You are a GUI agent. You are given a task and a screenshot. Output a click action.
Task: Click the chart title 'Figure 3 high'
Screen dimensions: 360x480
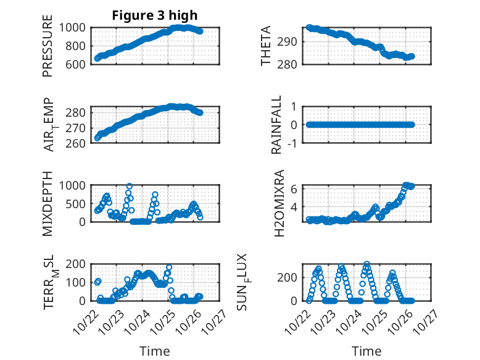[x=154, y=15]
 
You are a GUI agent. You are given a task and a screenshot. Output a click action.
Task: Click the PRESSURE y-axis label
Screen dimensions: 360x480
[x=48, y=50]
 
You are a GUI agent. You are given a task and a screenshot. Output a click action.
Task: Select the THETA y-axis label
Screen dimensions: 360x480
[x=267, y=46]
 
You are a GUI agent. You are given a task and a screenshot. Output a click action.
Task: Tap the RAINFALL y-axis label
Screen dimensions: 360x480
[x=277, y=125]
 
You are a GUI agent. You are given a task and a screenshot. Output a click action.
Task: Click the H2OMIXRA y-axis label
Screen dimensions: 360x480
[x=279, y=203]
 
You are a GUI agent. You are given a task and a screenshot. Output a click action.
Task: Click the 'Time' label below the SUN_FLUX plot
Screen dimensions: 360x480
[x=366, y=351]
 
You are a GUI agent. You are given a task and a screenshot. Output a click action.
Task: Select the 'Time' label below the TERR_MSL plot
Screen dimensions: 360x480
[x=155, y=351]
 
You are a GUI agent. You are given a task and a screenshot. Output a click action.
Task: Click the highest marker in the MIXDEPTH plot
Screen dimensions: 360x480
[x=130, y=186]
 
